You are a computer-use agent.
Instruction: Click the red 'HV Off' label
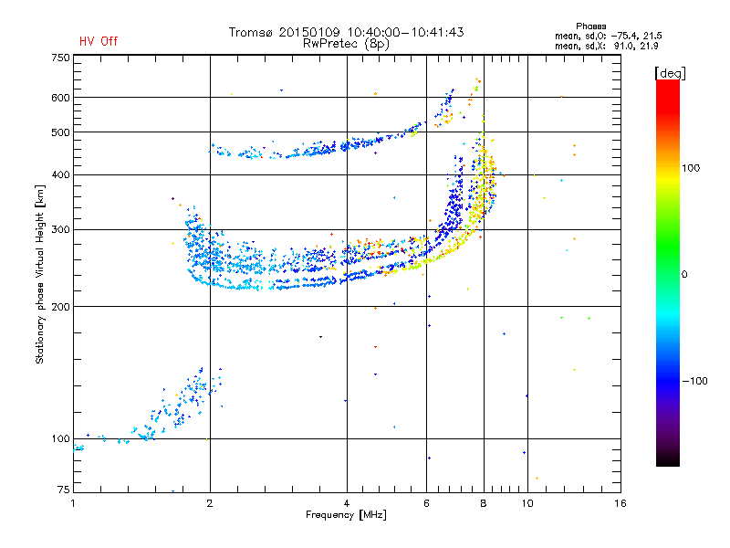coord(99,41)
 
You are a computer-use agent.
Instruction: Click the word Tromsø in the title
coord(252,32)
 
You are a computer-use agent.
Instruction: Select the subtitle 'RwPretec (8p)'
coord(346,44)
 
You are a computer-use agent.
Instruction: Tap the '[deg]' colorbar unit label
coord(670,74)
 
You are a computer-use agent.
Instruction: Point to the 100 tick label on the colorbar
coord(691,168)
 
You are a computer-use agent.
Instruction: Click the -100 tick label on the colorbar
coord(694,381)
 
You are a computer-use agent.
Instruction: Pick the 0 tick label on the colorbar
coord(684,275)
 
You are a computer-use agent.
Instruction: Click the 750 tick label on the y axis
coord(60,58)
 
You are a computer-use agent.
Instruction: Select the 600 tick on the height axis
coord(60,98)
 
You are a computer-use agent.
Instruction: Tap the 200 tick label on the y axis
coord(60,307)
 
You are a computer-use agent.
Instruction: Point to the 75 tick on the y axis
coord(64,490)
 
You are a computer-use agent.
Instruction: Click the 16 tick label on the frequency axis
coord(620,503)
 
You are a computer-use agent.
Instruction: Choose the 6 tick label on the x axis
coord(426,503)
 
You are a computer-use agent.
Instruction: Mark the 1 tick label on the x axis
coord(73,503)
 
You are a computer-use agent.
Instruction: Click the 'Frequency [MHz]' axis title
coord(346,515)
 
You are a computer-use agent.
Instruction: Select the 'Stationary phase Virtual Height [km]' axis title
coord(40,274)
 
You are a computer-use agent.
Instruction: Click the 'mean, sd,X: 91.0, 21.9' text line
coord(606,47)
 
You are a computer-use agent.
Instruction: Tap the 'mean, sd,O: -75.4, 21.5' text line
coord(609,36)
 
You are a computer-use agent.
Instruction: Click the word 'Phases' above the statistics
coord(590,26)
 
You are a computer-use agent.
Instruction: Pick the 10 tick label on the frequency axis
coord(527,503)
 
